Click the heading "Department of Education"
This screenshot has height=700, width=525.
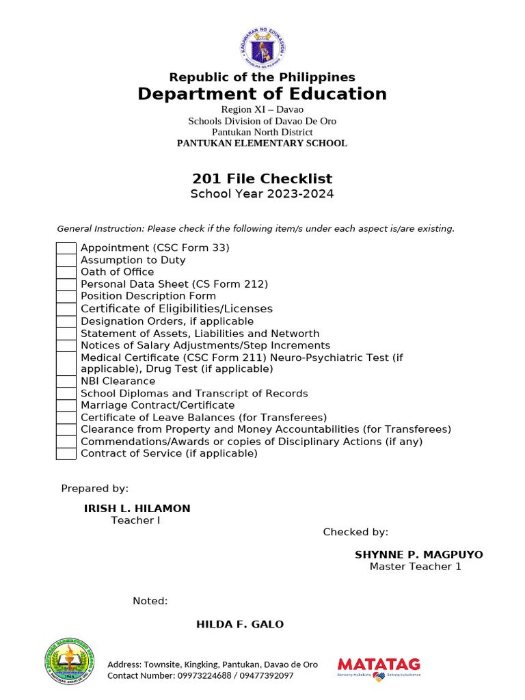point(262,94)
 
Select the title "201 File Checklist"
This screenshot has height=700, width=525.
point(262,179)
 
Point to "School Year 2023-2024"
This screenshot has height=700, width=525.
point(262,194)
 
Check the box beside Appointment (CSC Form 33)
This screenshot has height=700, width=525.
point(66,248)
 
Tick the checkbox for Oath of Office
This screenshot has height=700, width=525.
point(66,272)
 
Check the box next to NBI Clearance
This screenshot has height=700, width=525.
point(66,381)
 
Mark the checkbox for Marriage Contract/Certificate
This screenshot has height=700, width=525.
point(66,405)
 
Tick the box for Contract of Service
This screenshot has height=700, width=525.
point(66,454)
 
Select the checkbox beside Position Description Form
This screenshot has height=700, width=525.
point(66,297)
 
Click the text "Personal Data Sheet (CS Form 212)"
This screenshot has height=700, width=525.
point(174,284)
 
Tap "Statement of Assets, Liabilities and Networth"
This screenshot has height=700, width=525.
point(200,334)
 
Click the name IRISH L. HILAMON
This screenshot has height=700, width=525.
point(137,509)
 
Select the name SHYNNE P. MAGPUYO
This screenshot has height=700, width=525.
point(418,554)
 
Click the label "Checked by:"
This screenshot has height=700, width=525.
point(355,533)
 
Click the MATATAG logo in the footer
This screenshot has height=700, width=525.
point(379,667)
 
